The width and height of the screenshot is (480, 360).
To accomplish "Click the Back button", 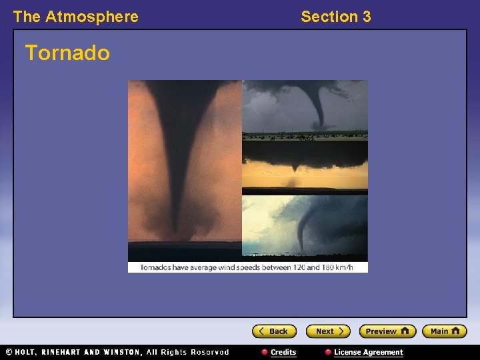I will point(273,331).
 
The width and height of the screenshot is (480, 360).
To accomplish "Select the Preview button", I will point(387,331).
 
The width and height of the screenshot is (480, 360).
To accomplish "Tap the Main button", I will point(444,331).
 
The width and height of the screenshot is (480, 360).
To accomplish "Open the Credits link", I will point(283,353).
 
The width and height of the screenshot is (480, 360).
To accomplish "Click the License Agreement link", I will point(368,353).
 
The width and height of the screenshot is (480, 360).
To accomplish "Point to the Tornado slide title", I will point(67,53).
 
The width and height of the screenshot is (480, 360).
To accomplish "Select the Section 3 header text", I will point(335,17).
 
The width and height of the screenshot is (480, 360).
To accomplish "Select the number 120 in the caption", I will point(288,268).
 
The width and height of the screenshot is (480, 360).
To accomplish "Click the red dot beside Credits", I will point(265,353).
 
